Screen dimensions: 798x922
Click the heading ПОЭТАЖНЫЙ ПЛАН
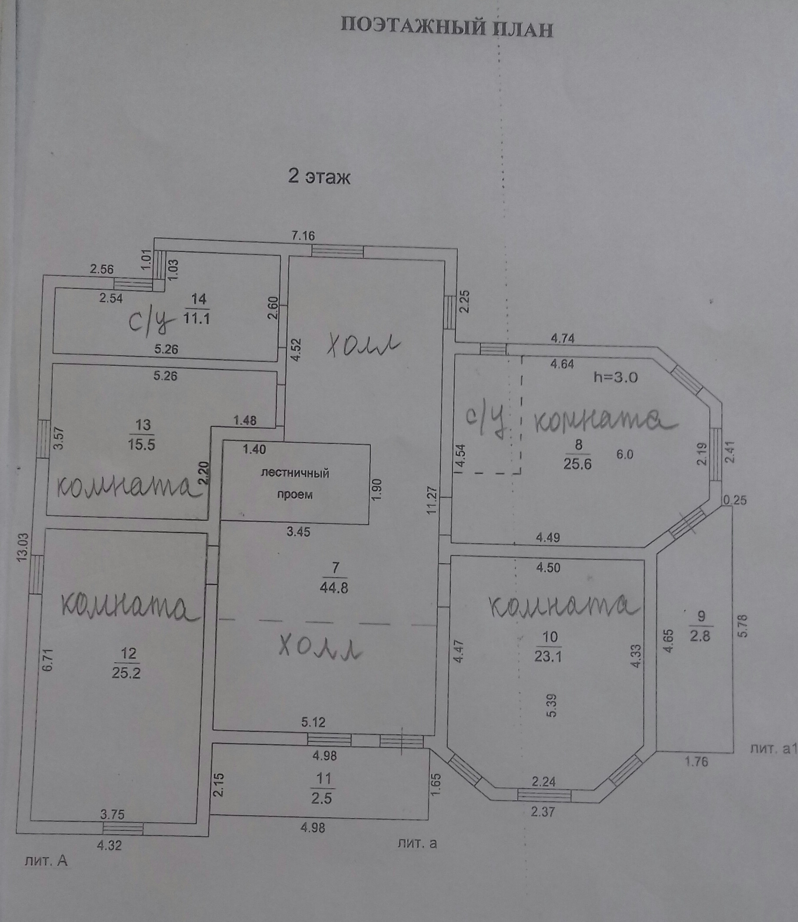pos(447,28)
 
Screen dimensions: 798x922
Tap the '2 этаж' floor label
pos(319,177)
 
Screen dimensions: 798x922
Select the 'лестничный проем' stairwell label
pos(295,484)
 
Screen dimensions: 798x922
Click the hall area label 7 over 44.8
pos(334,578)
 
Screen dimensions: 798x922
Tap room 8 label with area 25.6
pos(578,455)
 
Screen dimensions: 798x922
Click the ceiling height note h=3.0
pos(615,378)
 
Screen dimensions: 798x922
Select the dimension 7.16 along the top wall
pos(303,235)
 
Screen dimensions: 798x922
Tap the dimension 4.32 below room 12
pos(110,857)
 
